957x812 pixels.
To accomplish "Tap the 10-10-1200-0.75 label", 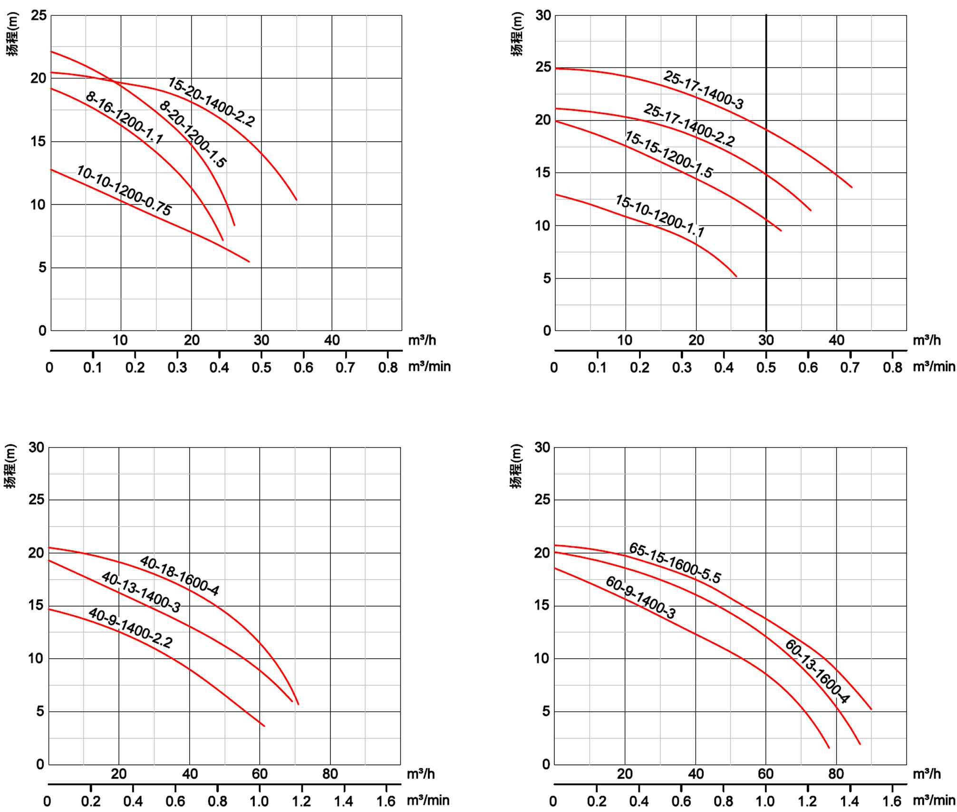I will tap(124, 191).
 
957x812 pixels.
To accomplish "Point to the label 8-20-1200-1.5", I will tap(193, 135).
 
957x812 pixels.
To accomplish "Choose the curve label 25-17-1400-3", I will tap(703, 90).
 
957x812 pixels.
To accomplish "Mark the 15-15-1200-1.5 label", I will tap(668, 155).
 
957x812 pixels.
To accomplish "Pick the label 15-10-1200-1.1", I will tap(659, 215).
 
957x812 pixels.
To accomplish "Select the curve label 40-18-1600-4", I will tap(179, 576).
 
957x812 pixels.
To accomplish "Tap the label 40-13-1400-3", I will tap(141, 592).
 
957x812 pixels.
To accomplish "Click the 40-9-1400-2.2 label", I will tap(130, 628).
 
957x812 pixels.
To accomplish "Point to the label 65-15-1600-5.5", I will tap(675, 563).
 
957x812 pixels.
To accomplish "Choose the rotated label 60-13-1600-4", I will tap(816, 672).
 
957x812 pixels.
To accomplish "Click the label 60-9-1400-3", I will tap(640, 597).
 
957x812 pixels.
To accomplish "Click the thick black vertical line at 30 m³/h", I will tap(766, 214).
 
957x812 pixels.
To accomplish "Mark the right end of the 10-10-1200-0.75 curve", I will tap(249, 261).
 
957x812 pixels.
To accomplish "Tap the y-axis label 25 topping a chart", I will tap(39, 16).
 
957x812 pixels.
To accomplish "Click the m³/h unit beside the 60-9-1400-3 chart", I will tap(926, 774).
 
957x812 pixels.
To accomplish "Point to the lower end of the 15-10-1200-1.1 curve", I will tap(736, 276).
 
